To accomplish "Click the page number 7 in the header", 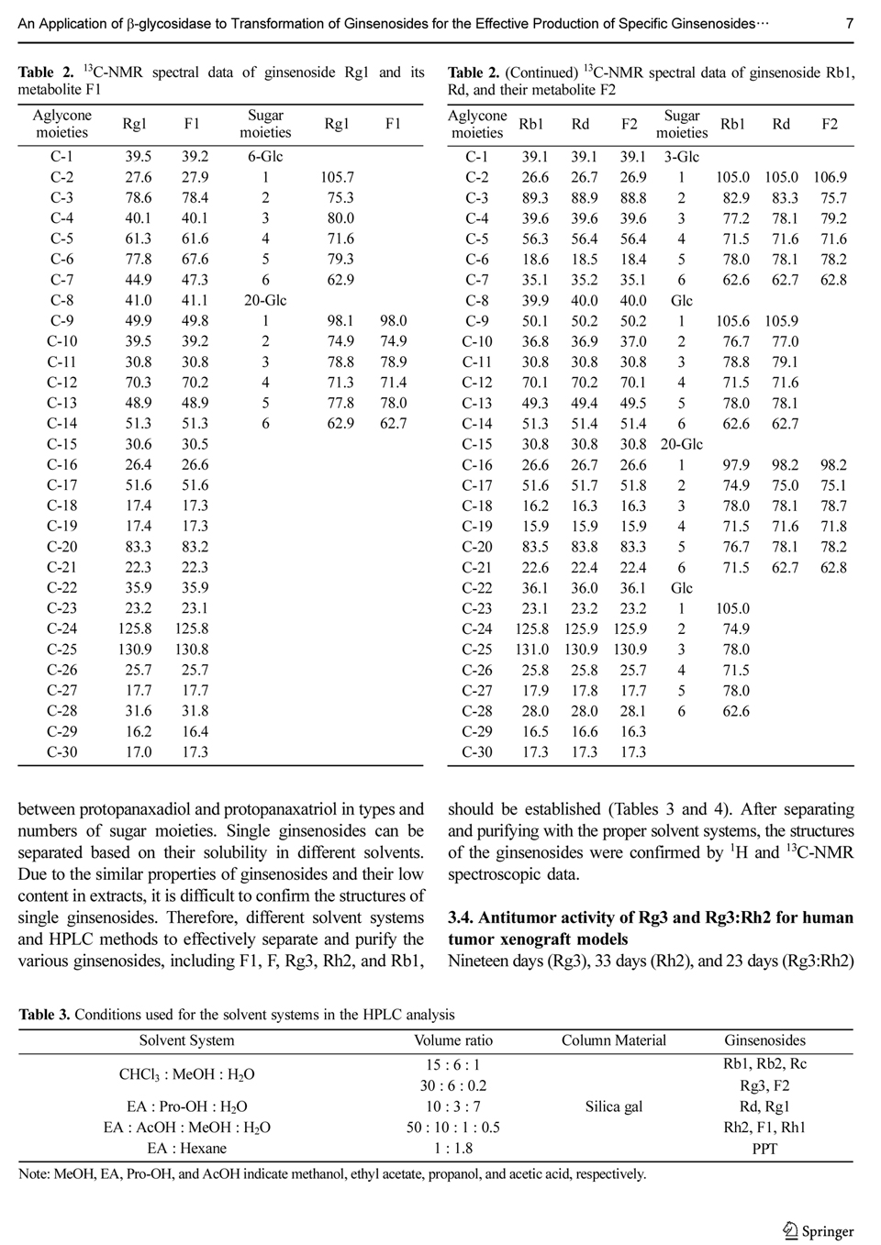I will [849, 23].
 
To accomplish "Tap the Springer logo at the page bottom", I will [819, 1231].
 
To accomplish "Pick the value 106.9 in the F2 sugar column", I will [830, 177].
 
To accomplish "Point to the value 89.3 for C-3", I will [534, 198].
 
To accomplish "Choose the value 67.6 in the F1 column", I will [195, 260].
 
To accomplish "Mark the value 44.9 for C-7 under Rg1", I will [139, 280].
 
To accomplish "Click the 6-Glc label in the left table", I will [265, 157].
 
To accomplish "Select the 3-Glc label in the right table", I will [682, 157].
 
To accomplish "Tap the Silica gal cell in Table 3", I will [614, 1106].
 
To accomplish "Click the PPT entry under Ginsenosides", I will [764, 1148].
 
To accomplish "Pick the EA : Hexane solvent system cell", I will [186, 1148].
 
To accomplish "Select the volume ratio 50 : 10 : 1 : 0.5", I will [453, 1128].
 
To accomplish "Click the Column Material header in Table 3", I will [614, 1040].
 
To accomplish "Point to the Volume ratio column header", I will [453, 1040].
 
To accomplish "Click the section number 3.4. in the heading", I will [461, 917].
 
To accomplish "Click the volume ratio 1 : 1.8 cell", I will [453, 1148].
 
